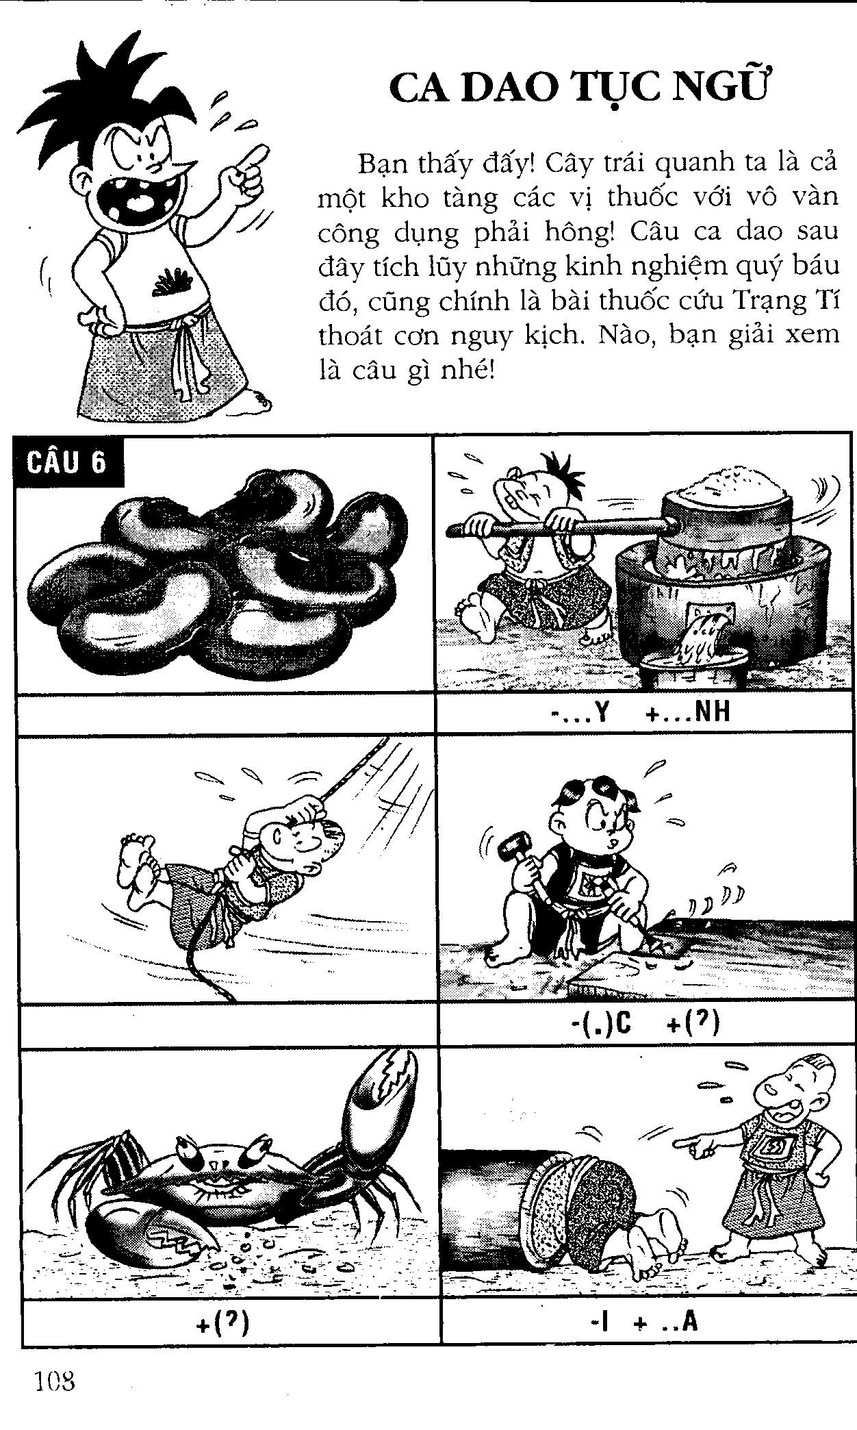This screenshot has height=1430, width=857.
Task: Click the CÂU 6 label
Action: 67,463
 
